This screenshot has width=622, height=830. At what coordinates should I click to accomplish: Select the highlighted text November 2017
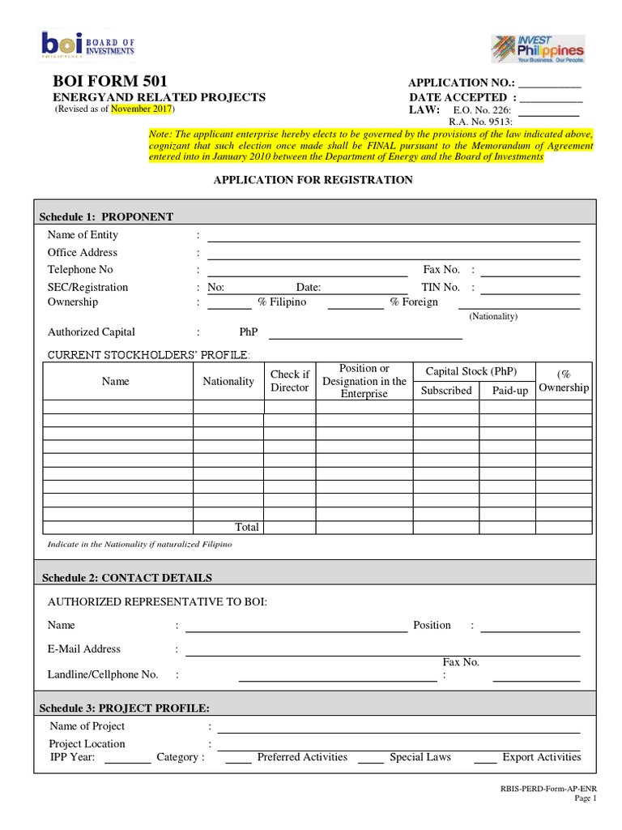coord(141,109)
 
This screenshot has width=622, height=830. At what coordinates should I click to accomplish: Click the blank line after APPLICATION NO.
coord(549,85)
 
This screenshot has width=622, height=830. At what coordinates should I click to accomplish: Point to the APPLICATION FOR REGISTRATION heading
coord(313,180)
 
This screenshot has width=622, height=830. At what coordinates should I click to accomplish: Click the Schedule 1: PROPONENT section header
coord(107,216)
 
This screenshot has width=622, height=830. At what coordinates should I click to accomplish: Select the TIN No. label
coord(441,287)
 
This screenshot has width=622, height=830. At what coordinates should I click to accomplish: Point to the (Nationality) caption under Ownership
coord(493,316)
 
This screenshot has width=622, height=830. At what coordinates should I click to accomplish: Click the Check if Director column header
coord(289,381)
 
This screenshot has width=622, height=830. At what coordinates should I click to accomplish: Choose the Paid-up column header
coord(510,391)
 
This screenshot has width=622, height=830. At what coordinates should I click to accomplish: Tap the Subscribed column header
coord(446,391)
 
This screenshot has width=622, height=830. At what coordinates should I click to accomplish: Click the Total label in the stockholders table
coord(247,527)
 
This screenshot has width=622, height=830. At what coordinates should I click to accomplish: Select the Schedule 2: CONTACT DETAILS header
coord(126,578)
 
